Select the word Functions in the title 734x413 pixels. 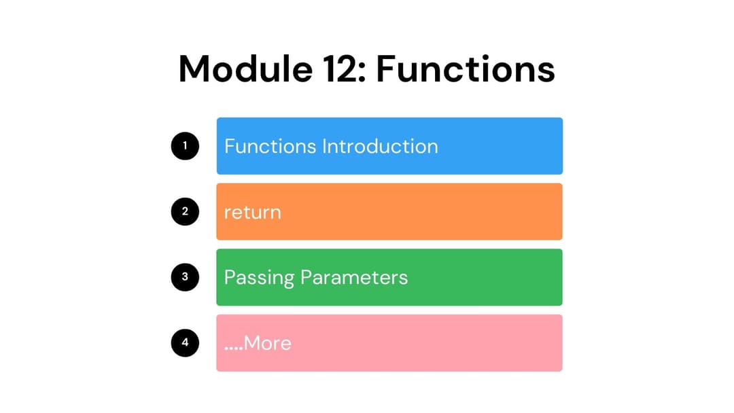pyautogui.click(x=466, y=69)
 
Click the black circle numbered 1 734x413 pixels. pyautogui.click(x=185, y=146)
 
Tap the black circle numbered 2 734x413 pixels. pyautogui.click(x=185, y=211)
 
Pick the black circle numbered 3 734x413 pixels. pyautogui.click(x=185, y=277)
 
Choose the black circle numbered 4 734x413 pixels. pyautogui.click(x=185, y=343)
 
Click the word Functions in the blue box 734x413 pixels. pyautogui.click(x=270, y=147)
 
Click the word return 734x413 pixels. pyautogui.click(x=252, y=212)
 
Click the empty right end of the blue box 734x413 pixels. pyautogui.click(x=517, y=146)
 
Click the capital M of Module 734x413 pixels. pyautogui.click(x=196, y=69)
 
